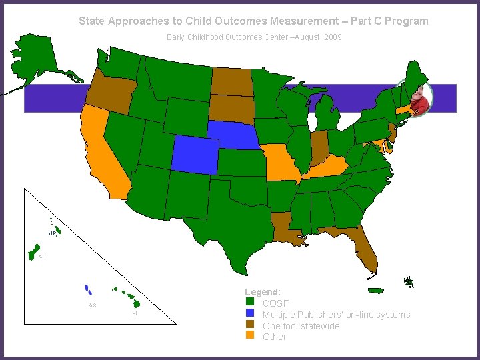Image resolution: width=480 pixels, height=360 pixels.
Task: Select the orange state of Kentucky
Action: tap(327, 167)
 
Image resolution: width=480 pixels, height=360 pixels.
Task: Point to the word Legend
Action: tap(262, 293)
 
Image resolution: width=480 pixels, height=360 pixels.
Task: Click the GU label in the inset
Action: tap(42, 257)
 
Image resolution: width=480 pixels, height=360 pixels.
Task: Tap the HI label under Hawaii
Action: tap(135, 313)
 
